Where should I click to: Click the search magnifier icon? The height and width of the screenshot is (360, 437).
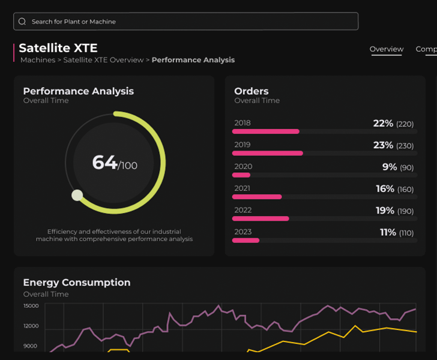(x=22, y=22)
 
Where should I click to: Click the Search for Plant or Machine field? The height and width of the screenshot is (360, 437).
(x=186, y=22)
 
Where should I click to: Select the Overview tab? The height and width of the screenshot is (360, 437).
(x=387, y=49)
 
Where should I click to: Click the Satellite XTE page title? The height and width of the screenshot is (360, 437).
(x=58, y=48)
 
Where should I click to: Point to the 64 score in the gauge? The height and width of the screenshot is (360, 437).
(x=104, y=163)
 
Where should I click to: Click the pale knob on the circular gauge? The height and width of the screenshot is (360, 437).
(x=77, y=195)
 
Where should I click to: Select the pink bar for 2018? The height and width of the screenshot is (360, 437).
(x=266, y=131)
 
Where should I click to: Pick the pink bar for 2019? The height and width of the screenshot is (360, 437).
(x=268, y=153)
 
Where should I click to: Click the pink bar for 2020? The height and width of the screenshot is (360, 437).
(x=241, y=175)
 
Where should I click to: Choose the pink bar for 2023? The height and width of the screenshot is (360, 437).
(x=246, y=241)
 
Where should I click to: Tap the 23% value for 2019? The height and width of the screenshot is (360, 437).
(x=383, y=145)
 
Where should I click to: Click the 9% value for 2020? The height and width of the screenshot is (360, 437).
(x=390, y=167)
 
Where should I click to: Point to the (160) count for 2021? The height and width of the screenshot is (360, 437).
(x=405, y=190)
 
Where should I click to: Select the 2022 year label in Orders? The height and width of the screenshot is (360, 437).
(x=243, y=210)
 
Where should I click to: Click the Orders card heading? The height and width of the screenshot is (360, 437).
(x=252, y=91)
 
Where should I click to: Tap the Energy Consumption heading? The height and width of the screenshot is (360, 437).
(x=77, y=283)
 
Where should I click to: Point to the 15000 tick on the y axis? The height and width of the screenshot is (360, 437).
(x=31, y=306)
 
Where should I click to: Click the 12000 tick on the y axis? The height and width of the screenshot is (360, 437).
(x=31, y=326)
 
